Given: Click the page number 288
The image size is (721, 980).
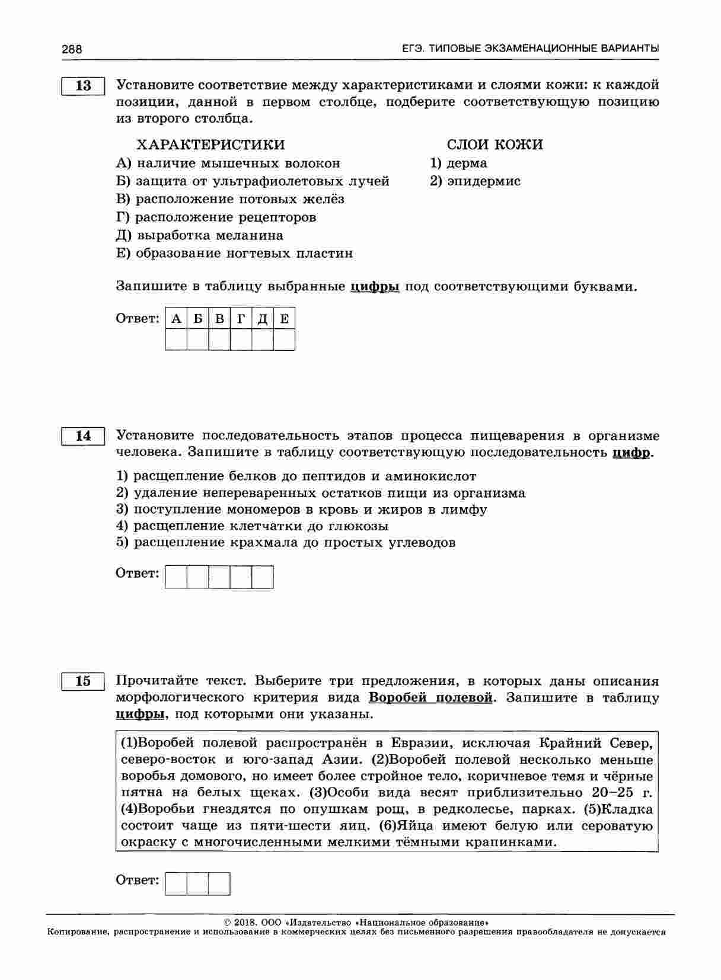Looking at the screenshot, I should [x=72, y=49].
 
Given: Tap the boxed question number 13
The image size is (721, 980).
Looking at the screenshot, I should [x=83, y=86].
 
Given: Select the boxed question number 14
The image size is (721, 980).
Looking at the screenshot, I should [x=83, y=436].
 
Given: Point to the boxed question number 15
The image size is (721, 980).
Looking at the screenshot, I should [x=83, y=681].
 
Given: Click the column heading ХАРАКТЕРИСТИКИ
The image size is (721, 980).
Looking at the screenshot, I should [x=210, y=145].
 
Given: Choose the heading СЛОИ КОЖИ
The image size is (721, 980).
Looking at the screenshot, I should [x=495, y=145].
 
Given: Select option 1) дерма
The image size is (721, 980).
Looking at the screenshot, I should [x=458, y=163].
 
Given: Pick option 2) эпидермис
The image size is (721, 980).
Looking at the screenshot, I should [x=475, y=181].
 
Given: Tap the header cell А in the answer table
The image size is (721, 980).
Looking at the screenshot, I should [x=176, y=319].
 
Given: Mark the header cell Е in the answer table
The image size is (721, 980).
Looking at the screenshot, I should [x=284, y=319].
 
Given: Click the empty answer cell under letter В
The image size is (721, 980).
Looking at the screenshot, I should [x=219, y=340].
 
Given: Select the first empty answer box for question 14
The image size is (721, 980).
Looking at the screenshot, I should [x=176, y=577].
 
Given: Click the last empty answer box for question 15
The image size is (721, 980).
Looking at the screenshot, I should [x=219, y=883].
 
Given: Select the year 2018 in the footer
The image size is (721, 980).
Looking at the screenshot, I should [x=244, y=923].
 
